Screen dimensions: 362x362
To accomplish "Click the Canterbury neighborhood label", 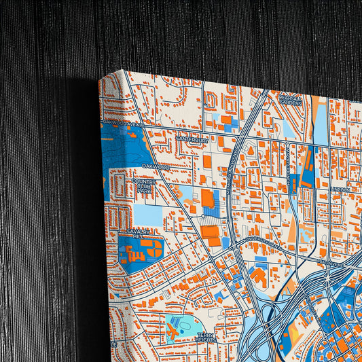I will [x=191, y=139].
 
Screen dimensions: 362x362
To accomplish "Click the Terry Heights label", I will [x=206, y=337].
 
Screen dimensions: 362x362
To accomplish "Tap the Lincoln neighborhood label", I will [x=340, y=189].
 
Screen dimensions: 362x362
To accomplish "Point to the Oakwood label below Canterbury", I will [x=156, y=165].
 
